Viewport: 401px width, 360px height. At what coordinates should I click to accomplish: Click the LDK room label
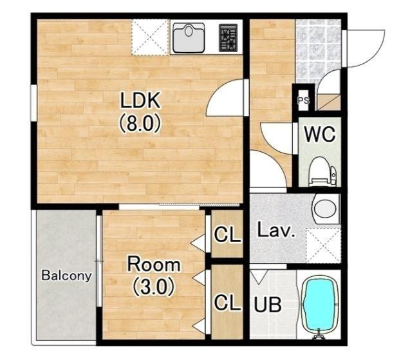pyautogui.click(x=140, y=100)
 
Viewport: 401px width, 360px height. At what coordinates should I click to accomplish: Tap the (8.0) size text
pyautogui.click(x=140, y=123)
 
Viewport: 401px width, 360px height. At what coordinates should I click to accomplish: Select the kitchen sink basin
pyautogui.click(x=189, y=37)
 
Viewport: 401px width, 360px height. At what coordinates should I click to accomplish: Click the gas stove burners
pyautogui.click(x=228, y=38)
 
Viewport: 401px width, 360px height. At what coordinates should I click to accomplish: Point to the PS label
pyautogui.click(x=303, y=100)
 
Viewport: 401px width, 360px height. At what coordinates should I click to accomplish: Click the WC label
pyautogui.click(x=320, y=134)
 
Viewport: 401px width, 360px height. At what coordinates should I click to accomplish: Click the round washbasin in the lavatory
pyautogui.click(x=325, y=208)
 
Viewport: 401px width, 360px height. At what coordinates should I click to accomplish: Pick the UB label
pyautogui.click(x=268, y=305)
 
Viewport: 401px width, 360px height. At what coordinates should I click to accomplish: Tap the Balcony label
pyautogui.click(x=66, y=276)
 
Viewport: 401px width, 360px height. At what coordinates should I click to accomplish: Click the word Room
pyautogui.click(x=154, y=264)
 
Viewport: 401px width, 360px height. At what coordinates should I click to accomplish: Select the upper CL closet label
pyautogui.click(x=228, y=234)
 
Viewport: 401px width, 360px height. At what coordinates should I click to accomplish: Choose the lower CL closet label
pyautogui.click(x=228, y=302)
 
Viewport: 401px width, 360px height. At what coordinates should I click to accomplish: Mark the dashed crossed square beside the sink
pyautogui.click(x=150, y=37)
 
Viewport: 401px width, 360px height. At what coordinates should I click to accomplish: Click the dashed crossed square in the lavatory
pyautogui.click(x=324, y=245)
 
